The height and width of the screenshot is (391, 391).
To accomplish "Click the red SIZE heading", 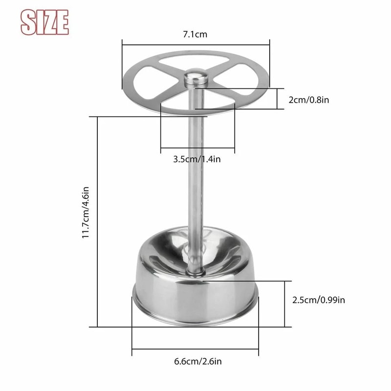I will coord(44,22).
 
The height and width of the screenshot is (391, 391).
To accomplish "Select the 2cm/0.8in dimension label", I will coord(308,100).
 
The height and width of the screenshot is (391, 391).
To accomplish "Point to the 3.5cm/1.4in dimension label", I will coord(197,158).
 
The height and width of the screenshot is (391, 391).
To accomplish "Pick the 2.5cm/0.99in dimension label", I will coord(318,300).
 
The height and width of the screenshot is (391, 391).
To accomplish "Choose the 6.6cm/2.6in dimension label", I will coord(198,362).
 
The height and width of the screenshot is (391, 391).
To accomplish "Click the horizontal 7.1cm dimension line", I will coord(195,45).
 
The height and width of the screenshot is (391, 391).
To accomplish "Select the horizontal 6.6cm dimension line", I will coord(195,349).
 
